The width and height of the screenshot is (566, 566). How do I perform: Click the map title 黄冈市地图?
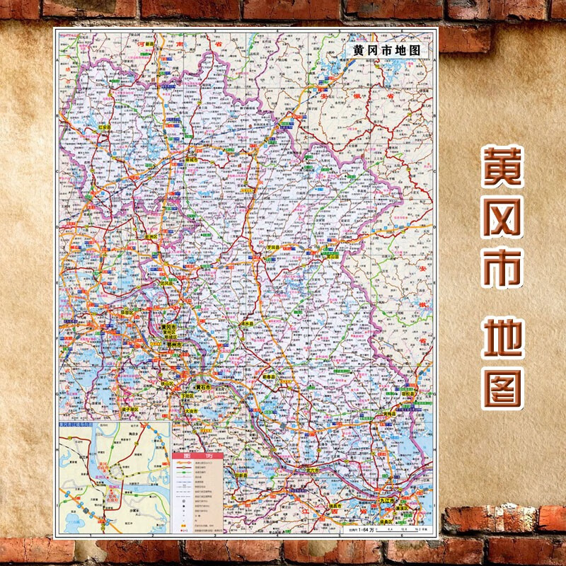pos(386,51)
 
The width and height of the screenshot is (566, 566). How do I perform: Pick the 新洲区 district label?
pos(151,237)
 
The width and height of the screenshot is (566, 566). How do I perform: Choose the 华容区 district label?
pos(126,312)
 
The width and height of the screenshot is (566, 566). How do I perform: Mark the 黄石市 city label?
pos(204,388)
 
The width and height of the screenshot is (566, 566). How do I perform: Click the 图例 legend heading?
pos(198,456)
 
